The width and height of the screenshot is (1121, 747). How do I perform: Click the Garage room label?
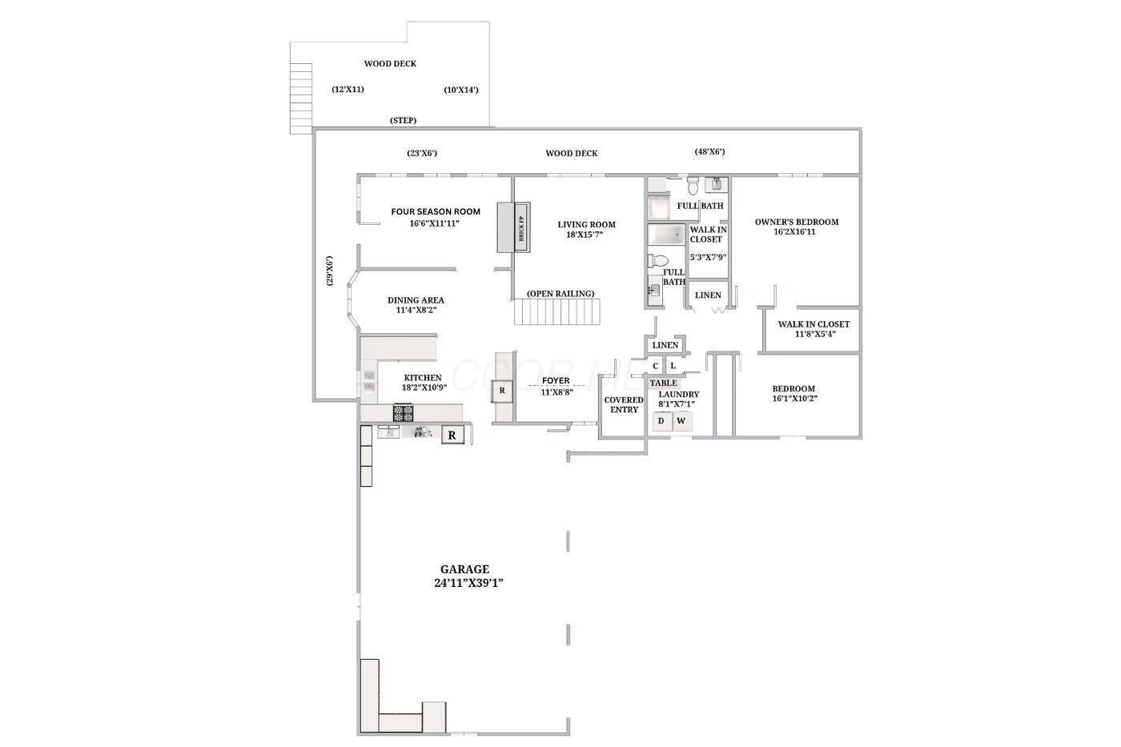(x=465, y=569)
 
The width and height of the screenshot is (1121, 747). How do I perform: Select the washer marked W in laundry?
(x=682, y=421)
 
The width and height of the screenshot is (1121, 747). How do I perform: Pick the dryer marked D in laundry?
(x=661, y=421)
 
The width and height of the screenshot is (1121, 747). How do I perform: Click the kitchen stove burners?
(x=404, y=413)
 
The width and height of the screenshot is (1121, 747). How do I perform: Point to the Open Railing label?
(x=560, y=294)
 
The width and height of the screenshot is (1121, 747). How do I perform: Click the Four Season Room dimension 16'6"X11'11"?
(x=434, y=223)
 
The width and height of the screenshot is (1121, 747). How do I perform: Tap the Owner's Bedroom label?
(x=797, y=222)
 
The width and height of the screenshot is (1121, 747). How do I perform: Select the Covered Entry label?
(x=624, y=405)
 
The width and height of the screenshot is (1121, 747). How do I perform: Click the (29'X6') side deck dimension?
(x=329, y=271)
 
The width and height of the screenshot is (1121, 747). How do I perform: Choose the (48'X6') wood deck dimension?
(x=709, y=151)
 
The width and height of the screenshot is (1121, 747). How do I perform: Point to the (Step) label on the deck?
(x=404, y=121)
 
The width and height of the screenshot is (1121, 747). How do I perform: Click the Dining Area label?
(x=416, y=300)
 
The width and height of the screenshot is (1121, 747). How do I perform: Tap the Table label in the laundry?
(x=664, y=384)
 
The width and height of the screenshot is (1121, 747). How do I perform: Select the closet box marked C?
(x=655, y=366)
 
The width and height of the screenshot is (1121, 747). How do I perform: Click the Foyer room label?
(x=556, y=381)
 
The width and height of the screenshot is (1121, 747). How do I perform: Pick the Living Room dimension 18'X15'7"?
(x=585, y=235)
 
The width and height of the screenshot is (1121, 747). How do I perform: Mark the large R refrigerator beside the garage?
(x=452, y=436)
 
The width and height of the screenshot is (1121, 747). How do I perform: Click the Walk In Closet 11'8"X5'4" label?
(x=814, y=329)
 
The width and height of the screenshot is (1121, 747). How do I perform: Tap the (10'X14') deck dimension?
(x=461, y=90)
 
